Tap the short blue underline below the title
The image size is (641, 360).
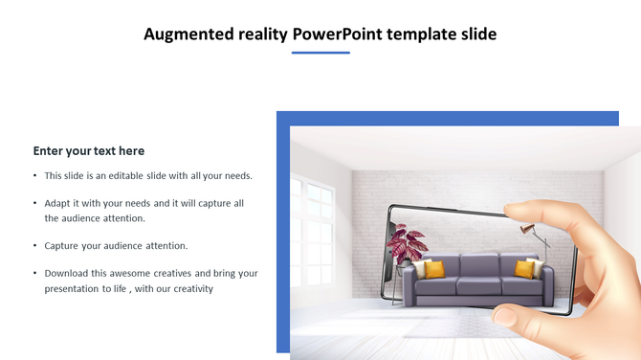tap(320, 53)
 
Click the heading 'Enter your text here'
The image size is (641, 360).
tap(89, 150)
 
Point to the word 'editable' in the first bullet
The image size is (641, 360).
tap(133, 176)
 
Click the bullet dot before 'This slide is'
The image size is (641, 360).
tap(35, 176)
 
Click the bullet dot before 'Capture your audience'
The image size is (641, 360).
tap(35, 246)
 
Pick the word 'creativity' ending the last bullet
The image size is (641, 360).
tap(189, 288)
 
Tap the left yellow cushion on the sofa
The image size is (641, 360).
tap(434, 270)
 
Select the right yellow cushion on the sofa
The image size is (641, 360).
tap(525, 269)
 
